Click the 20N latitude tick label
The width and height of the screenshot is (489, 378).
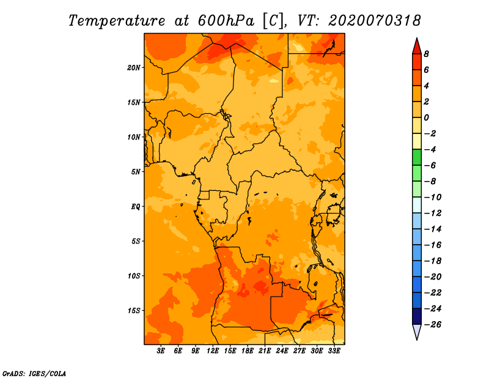click(134, 68)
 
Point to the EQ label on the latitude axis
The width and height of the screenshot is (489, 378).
click(136, 207)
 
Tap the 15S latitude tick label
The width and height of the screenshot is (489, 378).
click(134, 311)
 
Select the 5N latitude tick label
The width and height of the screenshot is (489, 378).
click(136, 172)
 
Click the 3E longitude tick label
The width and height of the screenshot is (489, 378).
click(161, 351)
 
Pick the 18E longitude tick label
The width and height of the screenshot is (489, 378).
click(248, 351)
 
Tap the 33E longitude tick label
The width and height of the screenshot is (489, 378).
click(334, 351)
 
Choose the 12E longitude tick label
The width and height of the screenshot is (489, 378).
click(213, 351)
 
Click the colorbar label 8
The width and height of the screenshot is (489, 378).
click(426, 54)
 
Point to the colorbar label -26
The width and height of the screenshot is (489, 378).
click(433, 325)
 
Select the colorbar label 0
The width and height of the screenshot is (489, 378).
click(426, 117)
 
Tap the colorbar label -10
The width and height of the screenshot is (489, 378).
click(433, 198)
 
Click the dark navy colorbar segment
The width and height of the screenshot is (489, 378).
click(417, 316)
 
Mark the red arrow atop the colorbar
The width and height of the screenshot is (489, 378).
click(417, 46)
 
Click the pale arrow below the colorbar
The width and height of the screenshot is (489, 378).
click(417, 332)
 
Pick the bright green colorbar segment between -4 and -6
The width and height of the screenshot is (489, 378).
click(417, 157)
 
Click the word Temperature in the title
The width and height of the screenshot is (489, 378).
click(117, 21)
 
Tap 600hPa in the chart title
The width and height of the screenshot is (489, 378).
click(226, 21)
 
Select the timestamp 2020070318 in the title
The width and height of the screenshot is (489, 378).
click(375, 21)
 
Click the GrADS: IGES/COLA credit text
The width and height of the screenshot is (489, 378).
click(34, 374)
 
